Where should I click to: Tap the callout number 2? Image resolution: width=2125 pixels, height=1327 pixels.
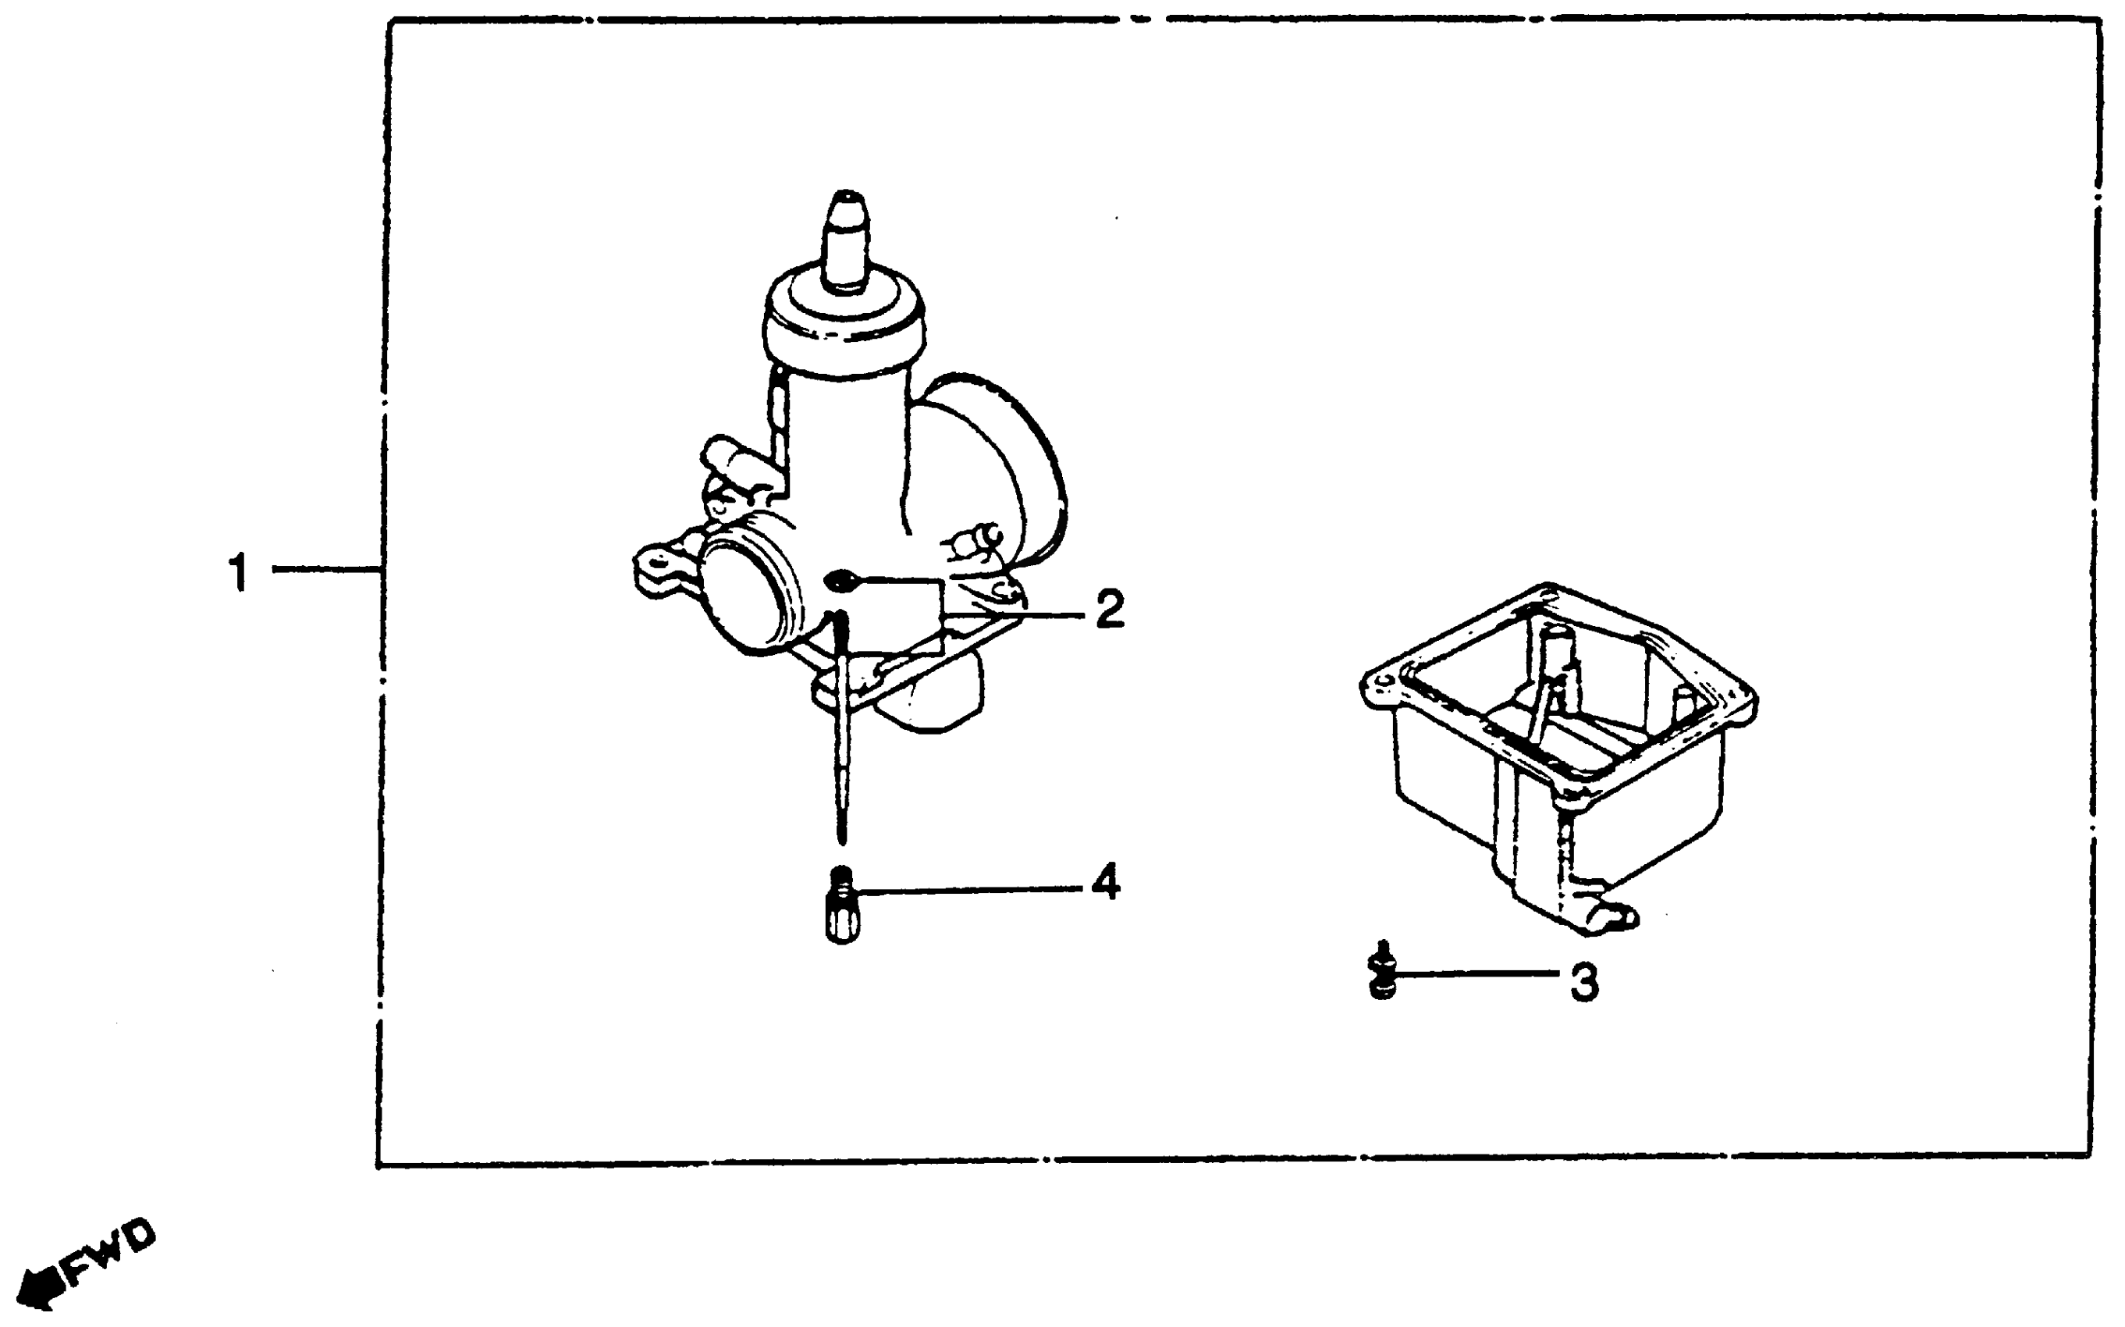[x=1109, y=609]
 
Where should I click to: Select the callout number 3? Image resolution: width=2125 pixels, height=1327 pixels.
[x=1583, y=983]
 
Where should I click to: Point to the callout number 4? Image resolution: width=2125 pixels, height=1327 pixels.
[x=1106, y=881]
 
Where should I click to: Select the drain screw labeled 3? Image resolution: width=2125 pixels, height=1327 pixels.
[x=1382, y=974]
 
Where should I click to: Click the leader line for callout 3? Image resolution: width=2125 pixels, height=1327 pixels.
[x=1474, y=973]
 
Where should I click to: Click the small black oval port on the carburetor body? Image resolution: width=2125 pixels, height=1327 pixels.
[x=840, y=579]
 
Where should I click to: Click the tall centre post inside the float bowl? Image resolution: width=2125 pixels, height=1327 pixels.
[x=1555, y=667]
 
